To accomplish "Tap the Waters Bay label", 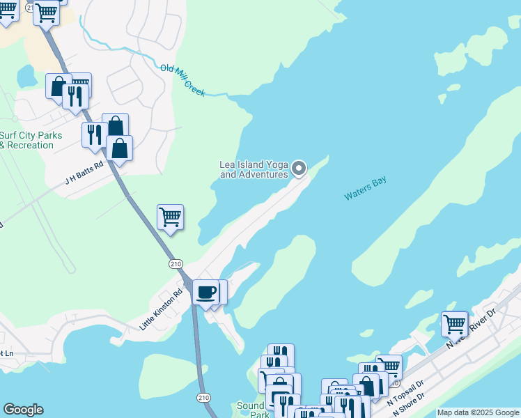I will point(365,189).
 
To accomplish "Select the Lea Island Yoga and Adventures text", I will point(254,169).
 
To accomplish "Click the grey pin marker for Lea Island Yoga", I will point(299,168).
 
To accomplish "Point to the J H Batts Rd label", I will point(84,171).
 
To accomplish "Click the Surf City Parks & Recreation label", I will point(31,140).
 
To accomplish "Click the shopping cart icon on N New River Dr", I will point(454,323).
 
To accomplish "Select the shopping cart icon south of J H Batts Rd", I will point(170,217).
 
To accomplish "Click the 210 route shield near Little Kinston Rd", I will point(175,263).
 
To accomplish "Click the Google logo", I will point(23,410).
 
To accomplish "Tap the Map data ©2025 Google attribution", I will point(478,412).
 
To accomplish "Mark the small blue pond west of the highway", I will point(26,75).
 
